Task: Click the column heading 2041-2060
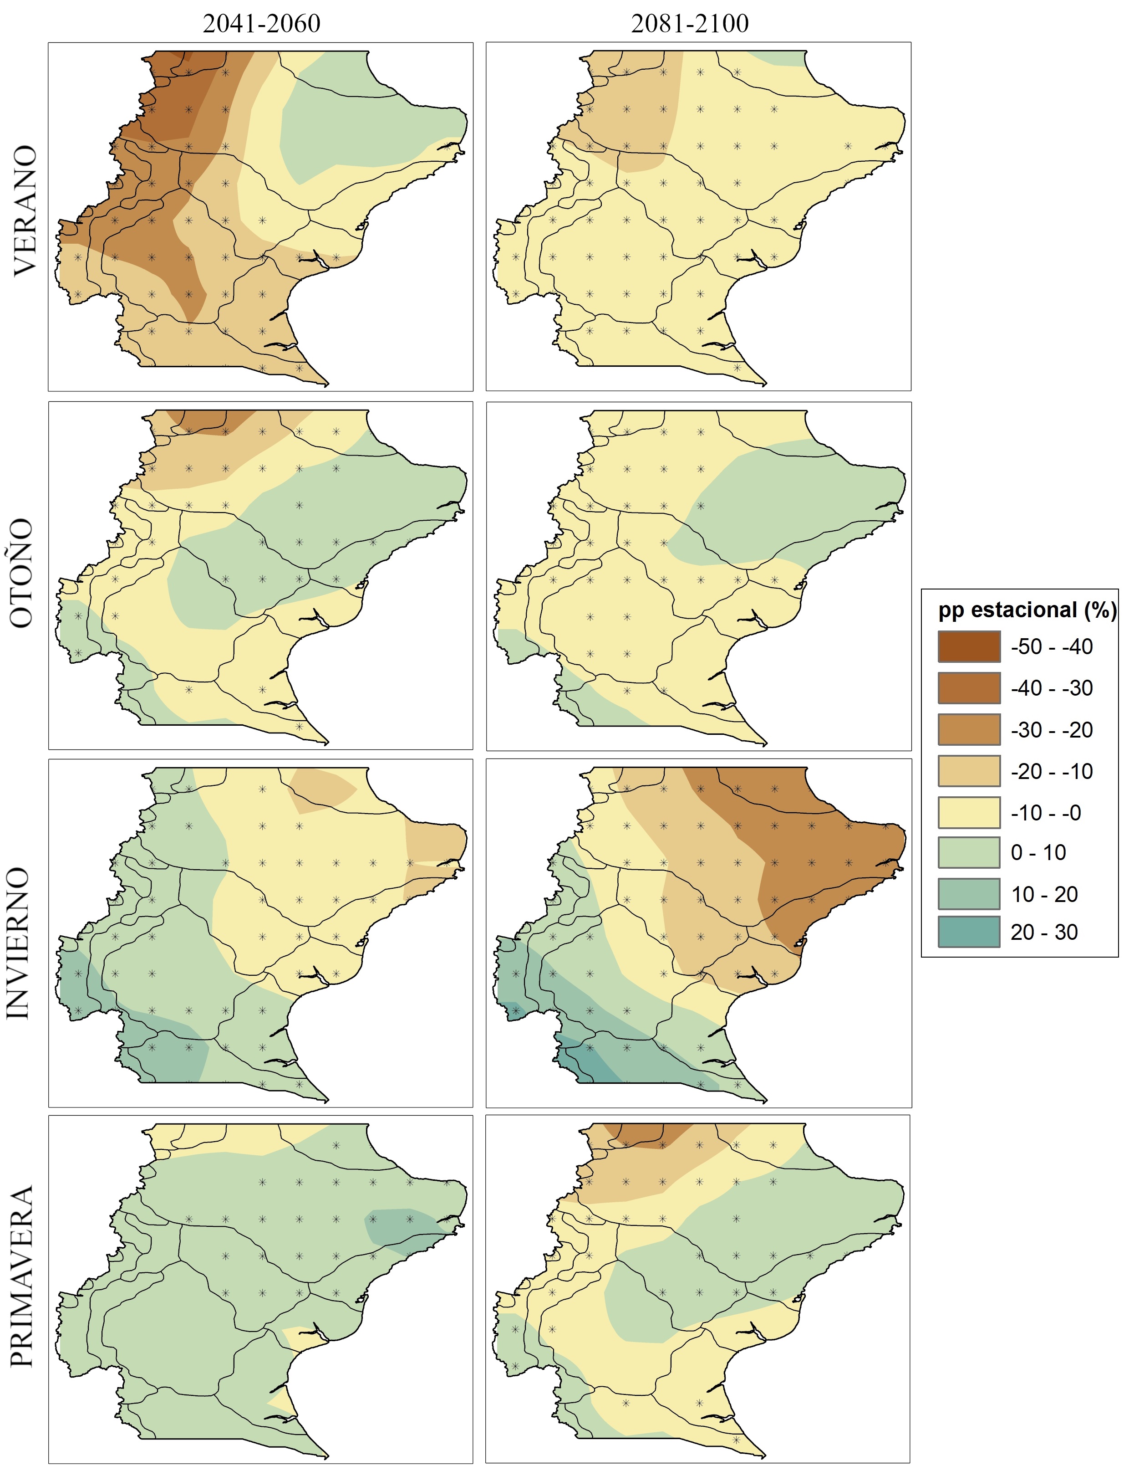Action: [261, 24]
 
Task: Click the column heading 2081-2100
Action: [690, 24]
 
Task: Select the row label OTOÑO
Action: [21, 573]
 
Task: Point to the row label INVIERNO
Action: [19, 943]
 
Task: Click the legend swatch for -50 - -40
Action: [969, 647]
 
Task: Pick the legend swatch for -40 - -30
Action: [969, 688]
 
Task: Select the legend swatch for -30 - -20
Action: [969, 730]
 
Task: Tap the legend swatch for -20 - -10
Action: [969, 771]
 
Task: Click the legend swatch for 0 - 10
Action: [969, 853]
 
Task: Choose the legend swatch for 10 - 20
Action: [969, 894]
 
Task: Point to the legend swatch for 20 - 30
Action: [969, 932]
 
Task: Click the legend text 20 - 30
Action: [1044, 932]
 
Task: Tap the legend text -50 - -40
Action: [1052, 647]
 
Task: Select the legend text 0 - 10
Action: [1038, 853]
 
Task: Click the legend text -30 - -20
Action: [1052, 730]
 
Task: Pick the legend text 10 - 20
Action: [1044, 894]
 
